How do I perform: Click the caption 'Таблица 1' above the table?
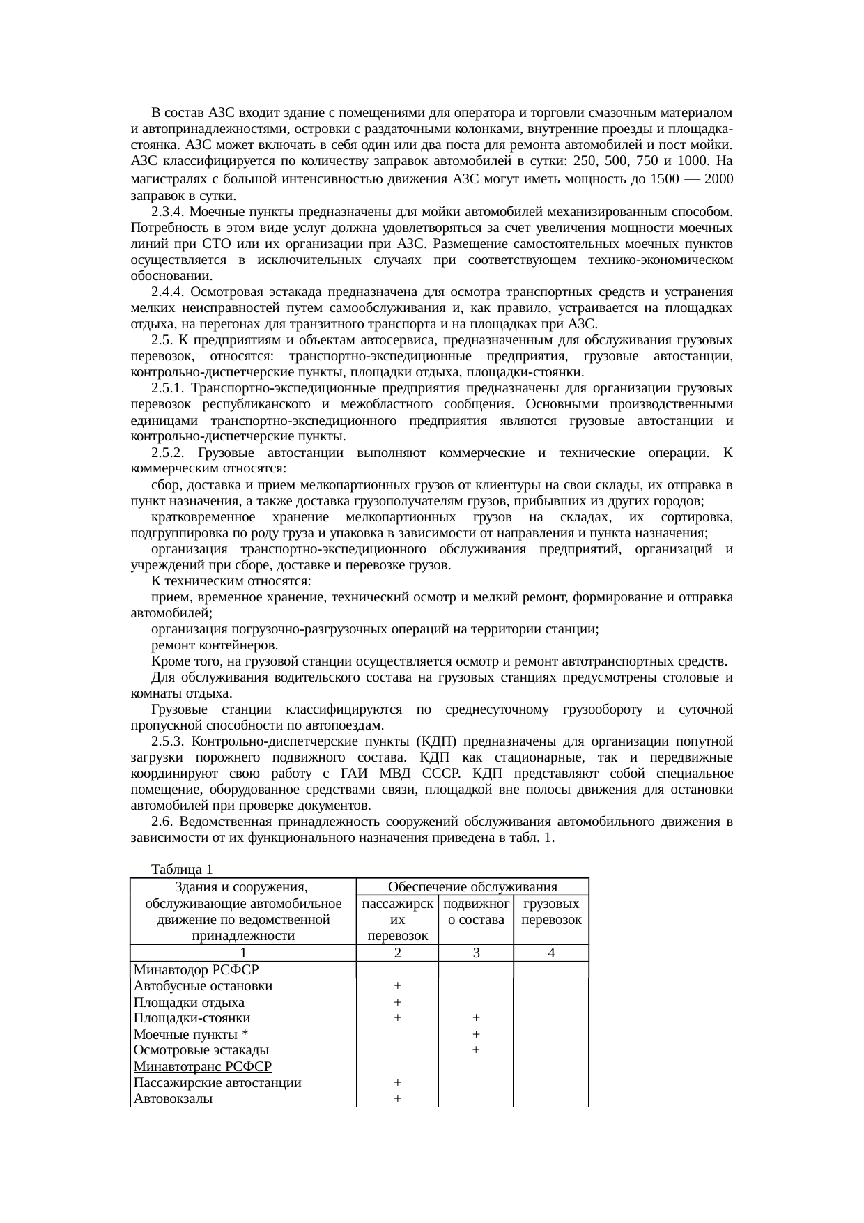coord(181,869)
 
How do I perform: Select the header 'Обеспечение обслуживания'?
coord(472,886)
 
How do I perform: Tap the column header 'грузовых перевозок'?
coord(551,912)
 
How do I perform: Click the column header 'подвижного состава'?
coord(475,912)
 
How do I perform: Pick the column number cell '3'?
coord(475,953)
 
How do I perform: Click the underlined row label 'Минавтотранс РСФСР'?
coord(202,1066)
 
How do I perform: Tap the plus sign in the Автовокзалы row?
coord(396,1099)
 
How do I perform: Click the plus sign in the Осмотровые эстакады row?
coord(475,1050)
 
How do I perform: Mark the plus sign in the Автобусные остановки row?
coord(396,986)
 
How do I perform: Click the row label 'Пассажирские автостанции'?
coord(217,1083)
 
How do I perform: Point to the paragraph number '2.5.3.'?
coord(168,741)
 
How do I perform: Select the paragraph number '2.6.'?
coord(162,822)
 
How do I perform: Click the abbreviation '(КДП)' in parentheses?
coord(435,741)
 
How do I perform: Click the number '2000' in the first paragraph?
coord(718,179)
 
